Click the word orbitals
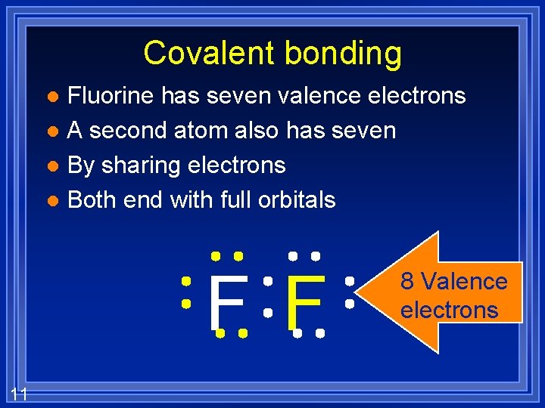pos(297,199)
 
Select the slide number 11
pos(20,393)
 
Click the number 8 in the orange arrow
pos(407,282)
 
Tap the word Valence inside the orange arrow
pos(464,282)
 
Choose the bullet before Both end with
pos(51,201)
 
